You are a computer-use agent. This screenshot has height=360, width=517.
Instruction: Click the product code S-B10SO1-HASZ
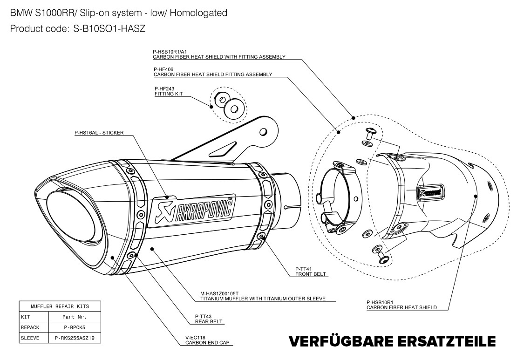point(110,29)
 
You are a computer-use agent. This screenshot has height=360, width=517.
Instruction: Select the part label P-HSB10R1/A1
point(167,52)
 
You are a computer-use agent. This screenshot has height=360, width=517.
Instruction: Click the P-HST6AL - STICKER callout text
point(99,133)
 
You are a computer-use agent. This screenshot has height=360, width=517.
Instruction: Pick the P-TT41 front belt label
point(303,269)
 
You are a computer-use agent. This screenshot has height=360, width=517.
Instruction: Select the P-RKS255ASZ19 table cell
point(74,338)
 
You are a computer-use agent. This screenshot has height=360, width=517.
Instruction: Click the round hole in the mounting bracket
point(263,131)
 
